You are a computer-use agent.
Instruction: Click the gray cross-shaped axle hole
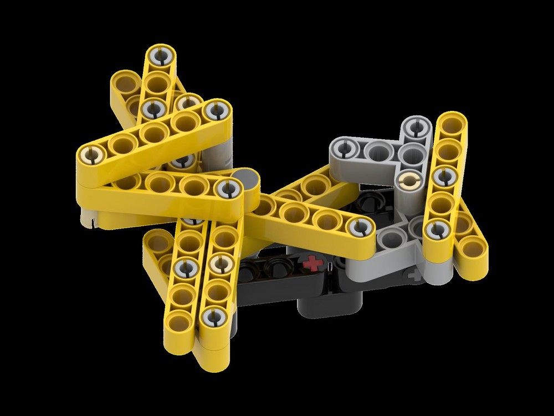click(413, 273)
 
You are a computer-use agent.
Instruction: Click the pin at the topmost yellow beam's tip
click(161, 55)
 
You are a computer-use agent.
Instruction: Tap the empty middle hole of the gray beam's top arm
click(380, 151)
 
